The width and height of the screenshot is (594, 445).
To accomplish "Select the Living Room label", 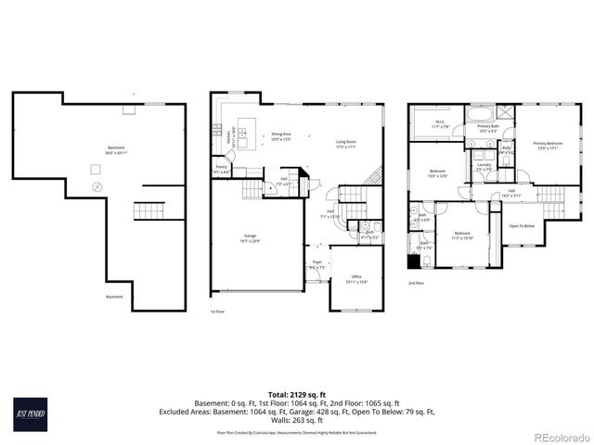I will (x=346, y=144).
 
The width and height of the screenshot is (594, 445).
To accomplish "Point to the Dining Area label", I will (x=282, y=136).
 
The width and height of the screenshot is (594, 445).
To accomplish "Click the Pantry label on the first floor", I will (x=221, y=170).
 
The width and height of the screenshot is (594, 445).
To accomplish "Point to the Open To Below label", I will (x=522, y=225).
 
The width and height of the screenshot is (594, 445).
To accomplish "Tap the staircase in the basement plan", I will (x=146, y=210).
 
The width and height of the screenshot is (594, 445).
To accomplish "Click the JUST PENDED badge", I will (x=31, y=412).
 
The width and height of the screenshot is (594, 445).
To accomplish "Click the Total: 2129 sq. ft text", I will (x=296, y=394).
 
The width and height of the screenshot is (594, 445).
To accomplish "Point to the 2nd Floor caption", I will (x=415, y=283).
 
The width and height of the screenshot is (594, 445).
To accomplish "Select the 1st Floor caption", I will (x=217, y=311).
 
